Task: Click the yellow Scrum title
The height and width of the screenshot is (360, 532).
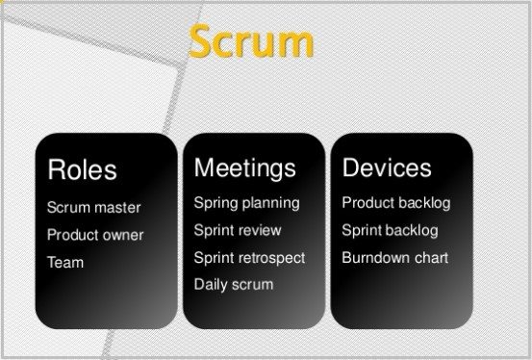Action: click(x=251, y=42)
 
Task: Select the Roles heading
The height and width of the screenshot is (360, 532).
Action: click(x=82, y=170)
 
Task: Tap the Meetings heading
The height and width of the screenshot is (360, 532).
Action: click(x=244, y=167)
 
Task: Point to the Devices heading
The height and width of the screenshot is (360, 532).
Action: click(x=387, y=167)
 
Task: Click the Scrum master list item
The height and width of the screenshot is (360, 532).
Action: click(x=93, y=208)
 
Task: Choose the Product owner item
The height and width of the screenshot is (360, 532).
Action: click(x=95, y=235)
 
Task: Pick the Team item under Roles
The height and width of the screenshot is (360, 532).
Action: click(x=65, y=262)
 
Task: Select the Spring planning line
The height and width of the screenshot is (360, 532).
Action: click(x=246, y=203)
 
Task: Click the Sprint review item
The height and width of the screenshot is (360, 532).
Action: click(x=238, y=230)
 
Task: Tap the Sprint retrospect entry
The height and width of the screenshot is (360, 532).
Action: click(x=249, y=258)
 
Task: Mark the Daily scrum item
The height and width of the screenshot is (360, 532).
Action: click(x=233, y=285)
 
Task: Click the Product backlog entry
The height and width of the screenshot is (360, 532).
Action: click(x=395, y=203)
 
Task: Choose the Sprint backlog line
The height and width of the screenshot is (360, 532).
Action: click(x=390, y=230)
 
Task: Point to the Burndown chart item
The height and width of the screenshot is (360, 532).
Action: click(x=394, y=258)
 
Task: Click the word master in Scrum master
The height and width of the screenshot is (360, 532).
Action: click(x=117, y=208)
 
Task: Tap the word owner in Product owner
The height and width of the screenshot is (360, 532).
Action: click(x=122, y=235)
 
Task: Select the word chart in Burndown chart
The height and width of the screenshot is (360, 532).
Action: click(x=429, y=258)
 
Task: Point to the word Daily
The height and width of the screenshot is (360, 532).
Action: click(x=210, y=285)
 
